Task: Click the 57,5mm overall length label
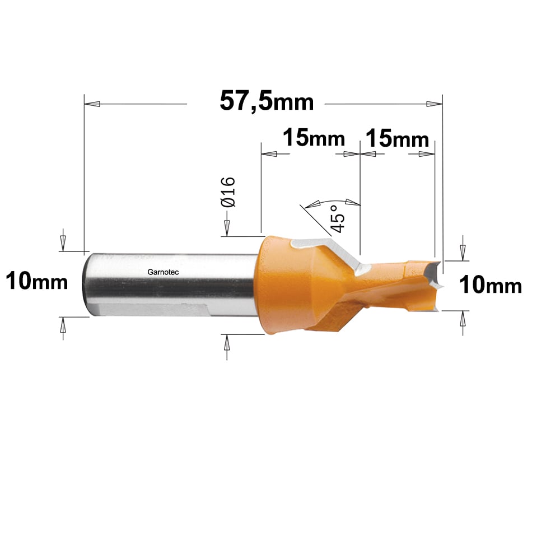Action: (x=267, y=101)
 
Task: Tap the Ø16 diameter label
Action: (x=228, y=192)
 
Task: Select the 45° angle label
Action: (x=338, y=218)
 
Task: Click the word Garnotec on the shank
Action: (x=163, y=272)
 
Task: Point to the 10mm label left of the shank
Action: (x=37, y=281)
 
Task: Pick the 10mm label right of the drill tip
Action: (x=491, y=284)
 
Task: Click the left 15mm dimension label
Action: (x=314, y=138)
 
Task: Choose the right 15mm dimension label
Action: (x=397, y=138)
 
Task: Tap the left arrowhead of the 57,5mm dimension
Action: (x=92, y=104)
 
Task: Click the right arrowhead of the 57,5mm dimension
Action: (x=435, y=104)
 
